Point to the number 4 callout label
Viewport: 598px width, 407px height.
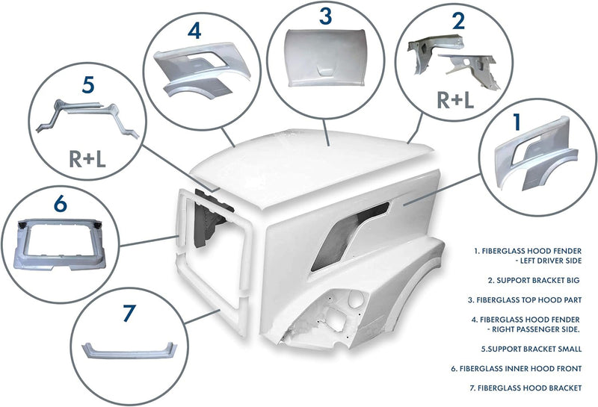pos(194,31)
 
